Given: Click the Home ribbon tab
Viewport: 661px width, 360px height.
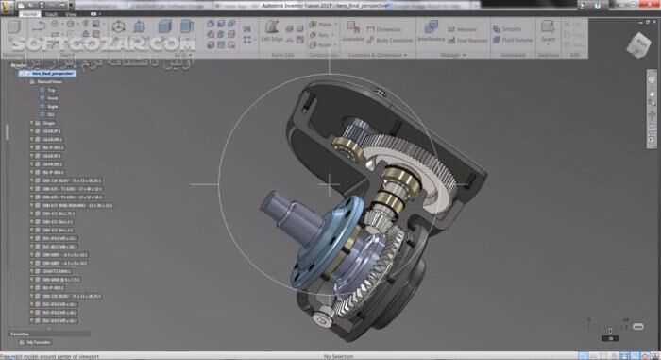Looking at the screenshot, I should point(31,15).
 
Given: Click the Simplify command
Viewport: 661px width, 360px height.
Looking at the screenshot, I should point(509,29).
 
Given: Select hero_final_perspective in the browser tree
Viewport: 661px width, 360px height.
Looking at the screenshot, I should point(53,72).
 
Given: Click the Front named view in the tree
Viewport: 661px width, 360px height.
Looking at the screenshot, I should point(52,98).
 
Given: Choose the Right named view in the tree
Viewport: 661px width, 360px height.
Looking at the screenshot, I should point(52,107).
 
